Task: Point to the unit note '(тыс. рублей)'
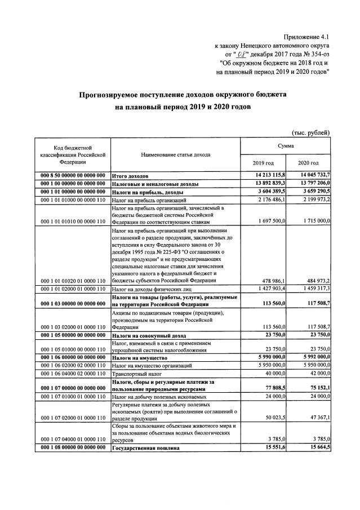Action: point(309,132)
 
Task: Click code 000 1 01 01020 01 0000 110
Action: point(72,281)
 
